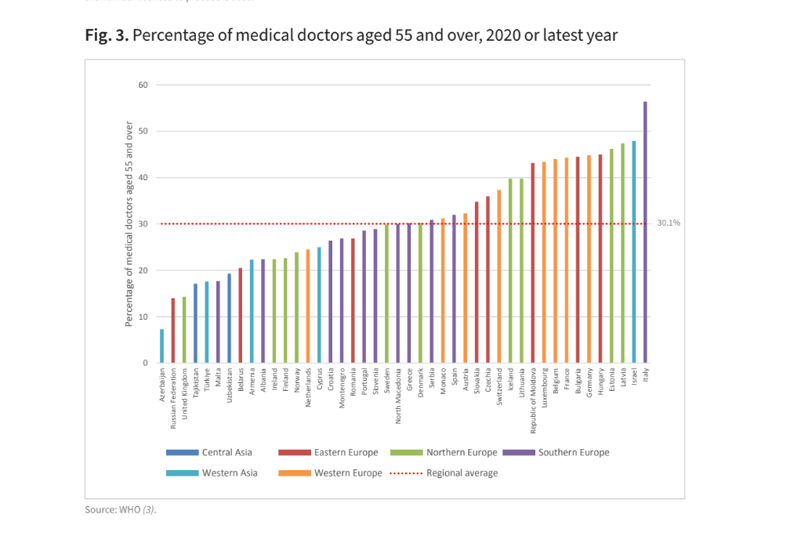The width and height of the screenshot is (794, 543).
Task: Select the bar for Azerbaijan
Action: click(162, 346)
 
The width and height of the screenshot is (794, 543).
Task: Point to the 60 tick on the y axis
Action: click(143, 85)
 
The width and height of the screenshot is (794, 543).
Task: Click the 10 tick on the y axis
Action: click(143, 317)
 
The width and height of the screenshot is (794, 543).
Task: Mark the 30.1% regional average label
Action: click(669, 223)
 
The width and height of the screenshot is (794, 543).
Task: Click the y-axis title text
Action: click(129, 224)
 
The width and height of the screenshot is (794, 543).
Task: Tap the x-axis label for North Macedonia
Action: click(398, 396)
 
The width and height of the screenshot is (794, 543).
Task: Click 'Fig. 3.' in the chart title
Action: click(107, 36)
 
